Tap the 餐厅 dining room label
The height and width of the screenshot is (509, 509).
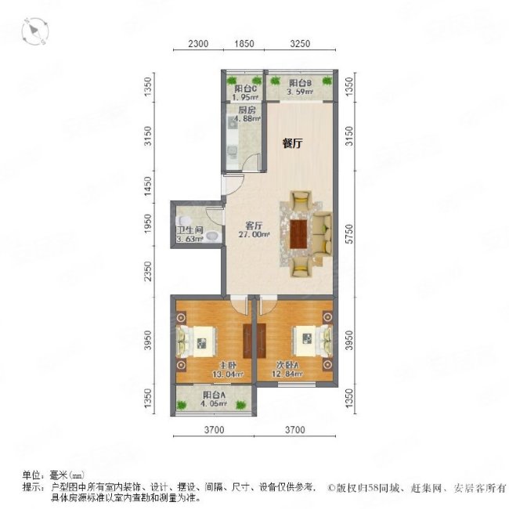293,143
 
